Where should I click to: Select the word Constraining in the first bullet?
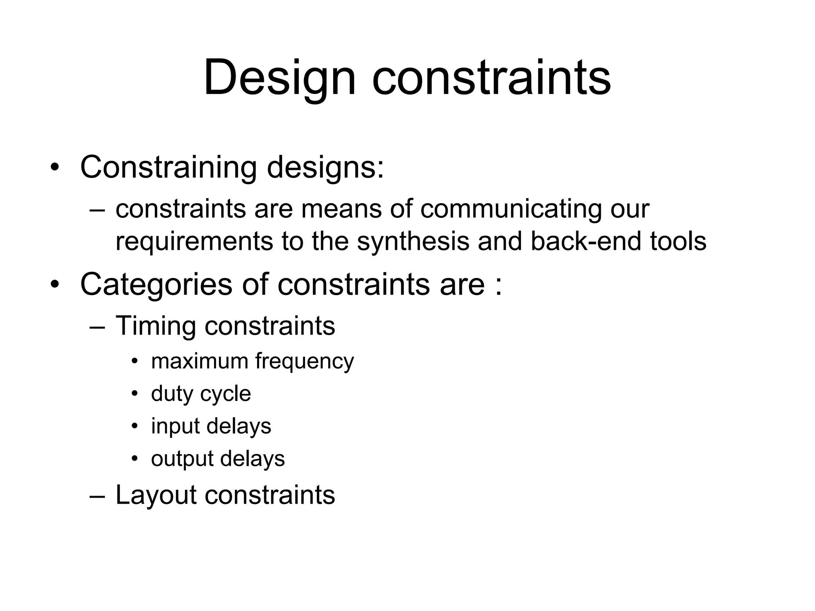pos(168,167)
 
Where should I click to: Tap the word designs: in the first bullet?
pos(325,167)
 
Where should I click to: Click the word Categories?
pos(156,285)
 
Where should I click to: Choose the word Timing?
pos(155,327)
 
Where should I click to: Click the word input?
pos(175,426)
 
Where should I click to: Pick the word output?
pos(182,459)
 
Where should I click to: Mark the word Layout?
pos(156,496)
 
